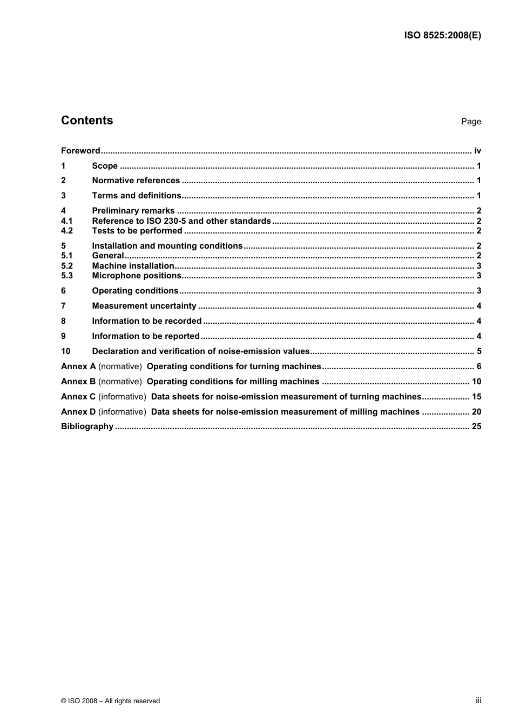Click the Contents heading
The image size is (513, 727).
tap(87, 121)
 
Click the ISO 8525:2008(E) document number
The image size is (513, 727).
tap(442, 36)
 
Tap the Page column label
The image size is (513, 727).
tap(471, 122)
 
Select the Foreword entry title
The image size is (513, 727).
tap(80, 151)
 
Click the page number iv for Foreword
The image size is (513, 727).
tap(477, 151)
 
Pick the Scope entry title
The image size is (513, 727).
tap(105, 166)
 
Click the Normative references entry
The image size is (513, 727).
tap(136, 181)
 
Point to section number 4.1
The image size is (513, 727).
tap(66, 221)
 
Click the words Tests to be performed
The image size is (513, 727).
tap(137, 231)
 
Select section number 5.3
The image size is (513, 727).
tap(66, 276)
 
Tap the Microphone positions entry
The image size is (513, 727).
tap(137, 276)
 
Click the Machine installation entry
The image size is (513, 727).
tap(133, 266)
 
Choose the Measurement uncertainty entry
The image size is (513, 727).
tap(144, 306)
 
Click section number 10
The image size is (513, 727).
tap(65, 351)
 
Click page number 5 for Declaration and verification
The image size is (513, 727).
tap(479, 351)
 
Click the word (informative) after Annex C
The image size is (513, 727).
tap(122, 397)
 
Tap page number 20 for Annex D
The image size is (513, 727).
tap(476, 412)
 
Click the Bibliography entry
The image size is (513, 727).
tap(87, 426)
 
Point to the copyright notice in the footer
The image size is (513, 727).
tap(110, 701)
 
